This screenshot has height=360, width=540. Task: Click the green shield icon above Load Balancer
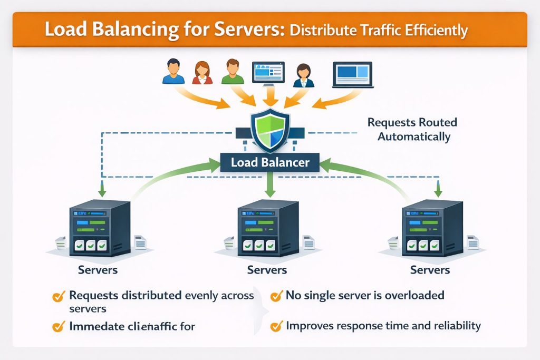pyautogui.click(x=269, y=129)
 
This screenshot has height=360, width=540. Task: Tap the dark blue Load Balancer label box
pyautogui.click(x=270, y=162)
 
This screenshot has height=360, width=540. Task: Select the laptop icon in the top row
pyautogui.click(x=352, y=74)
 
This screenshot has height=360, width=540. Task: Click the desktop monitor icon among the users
pyautogui.click(x=268, y=72)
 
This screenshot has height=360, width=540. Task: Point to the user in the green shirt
pyautogui.click(x=232, y=72)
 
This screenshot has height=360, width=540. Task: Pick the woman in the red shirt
pyautogui.click(x=202, y=73)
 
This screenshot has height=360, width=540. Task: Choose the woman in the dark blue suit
pyautogui.click(x=303, y=75)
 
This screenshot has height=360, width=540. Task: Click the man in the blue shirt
pyautogui.click(x=173, y=72)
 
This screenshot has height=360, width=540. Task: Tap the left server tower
pyautogui.click(x=100, y=228)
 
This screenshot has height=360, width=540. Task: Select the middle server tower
pyautogui.click(x=269, y=228)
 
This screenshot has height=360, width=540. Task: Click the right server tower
pyautogui.click(x=432, y=228)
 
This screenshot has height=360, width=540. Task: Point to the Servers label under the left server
pyautogui.click(x=98, y=270)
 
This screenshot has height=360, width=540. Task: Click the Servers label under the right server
pyautogui.click(x=430, y=270)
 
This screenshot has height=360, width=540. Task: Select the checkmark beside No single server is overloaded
pyautogui.click(x=275, y=296)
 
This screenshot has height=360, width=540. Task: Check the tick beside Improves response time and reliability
pyautogui.click(x=275, y=327)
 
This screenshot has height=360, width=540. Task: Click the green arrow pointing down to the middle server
pyautogui.click(x=270, y=184)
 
